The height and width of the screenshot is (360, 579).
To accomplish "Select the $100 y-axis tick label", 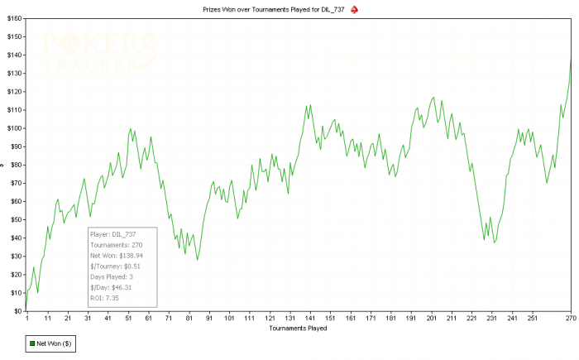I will point(14,127).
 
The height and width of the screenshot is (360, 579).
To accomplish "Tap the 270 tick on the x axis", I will point(570,319).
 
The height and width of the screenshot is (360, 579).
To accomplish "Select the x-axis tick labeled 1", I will point(27,319).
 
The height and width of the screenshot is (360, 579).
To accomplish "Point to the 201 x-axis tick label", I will point(431,319).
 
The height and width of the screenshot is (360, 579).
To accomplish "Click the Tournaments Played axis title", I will point(298,328).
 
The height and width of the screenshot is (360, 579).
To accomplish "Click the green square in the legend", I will point(32,343).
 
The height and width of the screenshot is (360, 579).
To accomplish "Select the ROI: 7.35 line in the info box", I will point(105,297).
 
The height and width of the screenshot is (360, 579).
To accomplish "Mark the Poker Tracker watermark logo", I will point(91,51).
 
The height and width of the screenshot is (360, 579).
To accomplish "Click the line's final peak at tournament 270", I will point(571,58).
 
